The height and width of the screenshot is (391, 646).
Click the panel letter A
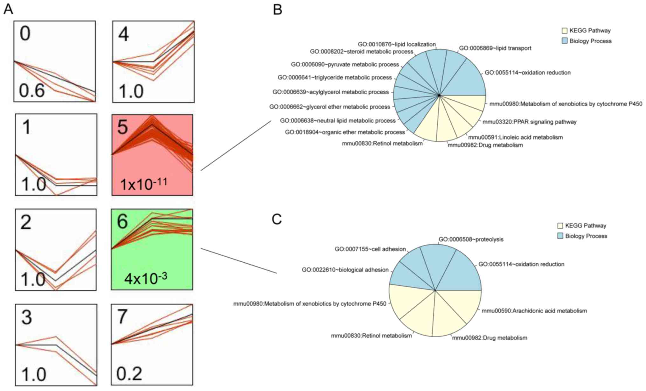tap(8, 10)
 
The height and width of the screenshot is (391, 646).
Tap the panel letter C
tap(277, 219)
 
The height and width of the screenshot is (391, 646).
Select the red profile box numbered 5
tap(152, 155)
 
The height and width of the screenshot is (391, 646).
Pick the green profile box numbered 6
tap(152, 249)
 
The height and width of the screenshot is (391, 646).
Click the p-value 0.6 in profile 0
tap(31, 91)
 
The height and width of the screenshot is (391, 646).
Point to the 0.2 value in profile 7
tap(129, 374)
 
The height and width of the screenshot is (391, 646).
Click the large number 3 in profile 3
tap(27, 317)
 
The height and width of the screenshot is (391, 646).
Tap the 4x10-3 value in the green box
tap(146, 278)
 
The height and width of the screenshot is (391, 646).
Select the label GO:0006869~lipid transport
tap(495, 48)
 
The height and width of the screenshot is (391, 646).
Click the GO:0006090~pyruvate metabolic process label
tap(345, 65)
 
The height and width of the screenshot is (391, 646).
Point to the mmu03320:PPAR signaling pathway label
tap(529, 122)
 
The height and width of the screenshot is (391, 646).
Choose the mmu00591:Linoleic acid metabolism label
tap(515, 138)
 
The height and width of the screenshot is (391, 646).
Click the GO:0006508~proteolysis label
tap(471, 239)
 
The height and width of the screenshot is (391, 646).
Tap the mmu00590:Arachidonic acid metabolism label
tap(534, 311)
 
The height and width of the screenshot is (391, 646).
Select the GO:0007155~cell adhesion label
tap(370, 249)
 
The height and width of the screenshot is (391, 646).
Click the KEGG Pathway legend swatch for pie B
tap(565, 31)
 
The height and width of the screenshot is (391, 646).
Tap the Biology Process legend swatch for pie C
tap(560, 236)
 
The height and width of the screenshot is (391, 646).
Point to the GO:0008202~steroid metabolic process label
tap(362, 52)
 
